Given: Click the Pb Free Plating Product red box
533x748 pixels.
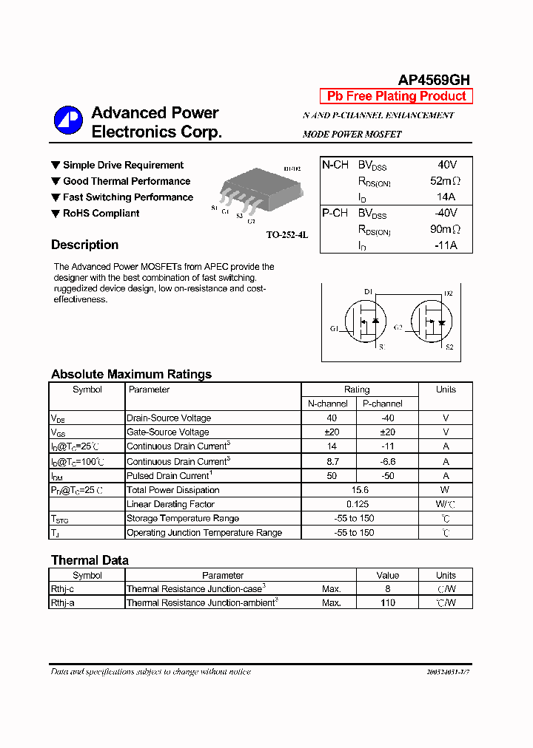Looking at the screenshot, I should [x=396, y=96].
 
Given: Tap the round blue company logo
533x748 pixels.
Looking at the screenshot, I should [x=68, y=121].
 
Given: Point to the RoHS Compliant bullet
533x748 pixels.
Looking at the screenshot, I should [x=101, y=214].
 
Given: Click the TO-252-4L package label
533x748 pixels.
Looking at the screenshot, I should [x=286, y=234].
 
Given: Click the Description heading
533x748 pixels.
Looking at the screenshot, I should [x=84, y=245].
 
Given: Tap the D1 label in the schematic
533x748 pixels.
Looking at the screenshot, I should [x=368, y=292].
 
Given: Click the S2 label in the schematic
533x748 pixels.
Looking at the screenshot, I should [x=449, y=347].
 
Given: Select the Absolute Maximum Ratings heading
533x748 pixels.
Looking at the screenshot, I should [x=131, y=374].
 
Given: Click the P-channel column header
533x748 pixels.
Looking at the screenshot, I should [x=382, y=404].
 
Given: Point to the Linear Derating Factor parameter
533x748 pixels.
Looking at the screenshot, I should [x=170, y=504].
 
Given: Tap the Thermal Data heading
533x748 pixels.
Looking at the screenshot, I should [x=90, y=560].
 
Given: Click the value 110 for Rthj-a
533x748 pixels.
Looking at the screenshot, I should [x=387, y=603].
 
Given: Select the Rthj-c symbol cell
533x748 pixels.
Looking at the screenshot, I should [x=62, y=589].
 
